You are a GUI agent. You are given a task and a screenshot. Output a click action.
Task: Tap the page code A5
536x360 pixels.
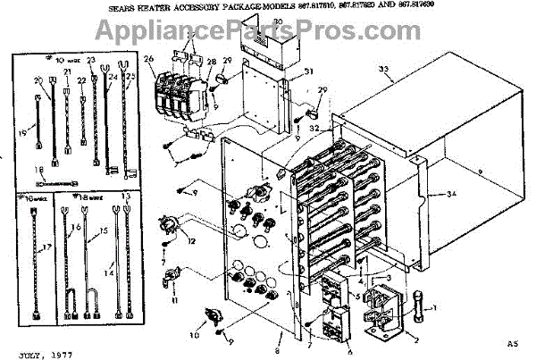[x=513, y=343]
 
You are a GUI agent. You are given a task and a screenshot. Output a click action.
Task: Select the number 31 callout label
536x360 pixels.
[x=307, y=71]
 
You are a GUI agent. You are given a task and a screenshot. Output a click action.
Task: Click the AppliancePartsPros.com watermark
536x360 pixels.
[x=268, y=34]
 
